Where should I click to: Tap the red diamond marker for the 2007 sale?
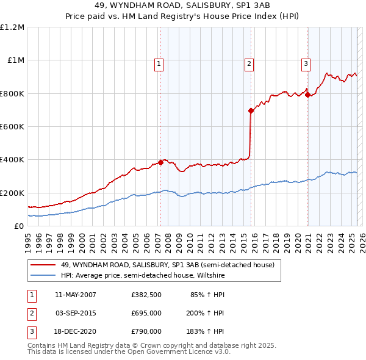[160, 162]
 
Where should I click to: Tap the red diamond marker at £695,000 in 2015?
[251, 110]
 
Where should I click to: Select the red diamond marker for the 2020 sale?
[307, 95]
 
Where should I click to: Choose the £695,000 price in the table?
[146, 313]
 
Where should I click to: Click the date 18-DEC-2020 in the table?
[76, 331]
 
